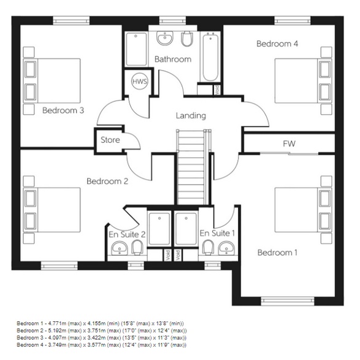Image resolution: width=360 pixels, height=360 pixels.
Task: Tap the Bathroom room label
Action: point(172,59)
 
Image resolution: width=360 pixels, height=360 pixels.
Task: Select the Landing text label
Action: point(191,115)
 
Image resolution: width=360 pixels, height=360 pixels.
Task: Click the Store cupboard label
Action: point(110,140)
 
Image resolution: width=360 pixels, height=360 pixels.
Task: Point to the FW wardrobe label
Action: point(289,143)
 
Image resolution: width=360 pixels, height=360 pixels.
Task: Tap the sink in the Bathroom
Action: point(164,39)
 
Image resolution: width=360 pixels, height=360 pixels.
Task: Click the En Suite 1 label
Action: point(217,233)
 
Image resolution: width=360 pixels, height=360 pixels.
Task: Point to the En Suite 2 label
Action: point(127,234)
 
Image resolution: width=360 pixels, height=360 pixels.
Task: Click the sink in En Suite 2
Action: point(119,248)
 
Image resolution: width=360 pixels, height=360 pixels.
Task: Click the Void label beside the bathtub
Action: point(217,90)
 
